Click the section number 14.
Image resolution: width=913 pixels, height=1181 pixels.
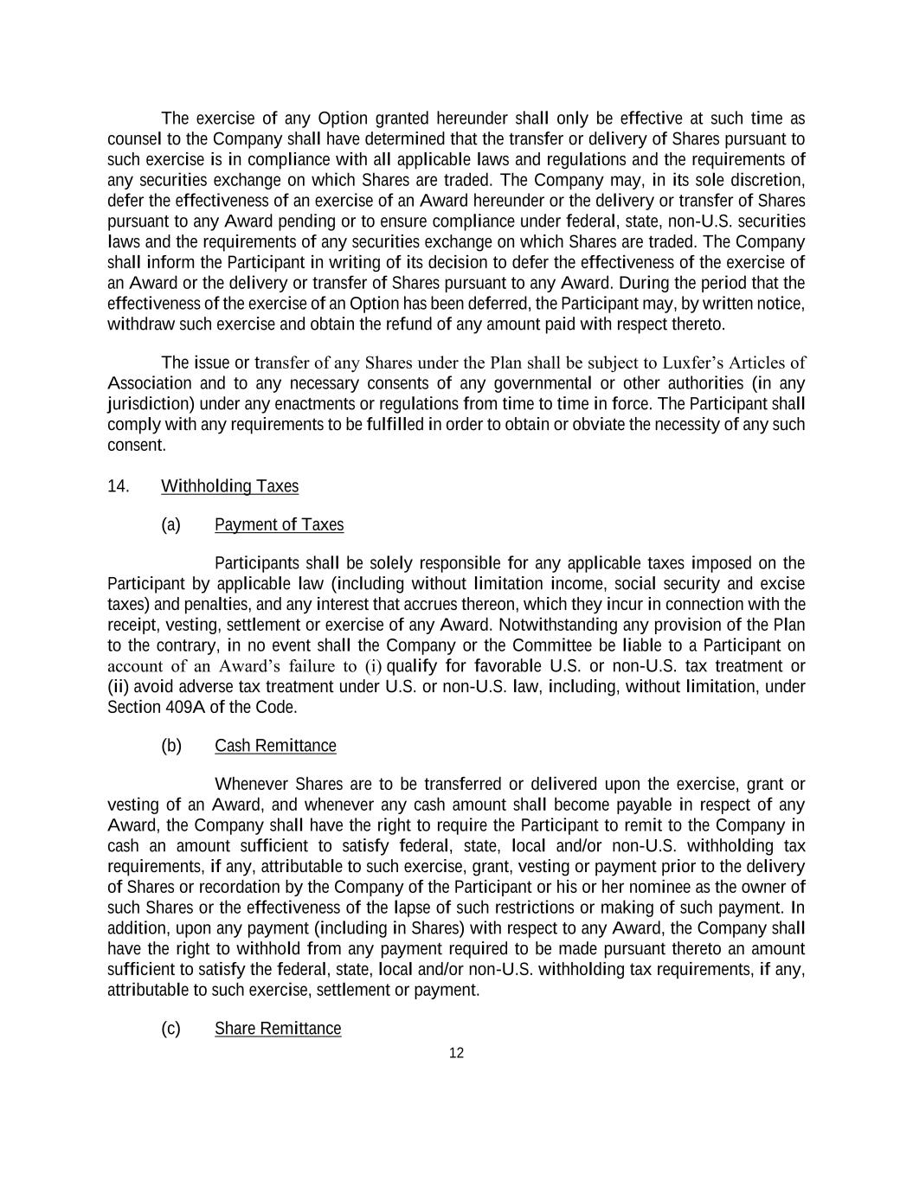click(118, 486)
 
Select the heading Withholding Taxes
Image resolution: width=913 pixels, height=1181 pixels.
click(229, 486)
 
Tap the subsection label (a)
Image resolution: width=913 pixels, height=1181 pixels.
click(170, 525)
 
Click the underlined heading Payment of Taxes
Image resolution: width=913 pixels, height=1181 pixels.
click(279, 525)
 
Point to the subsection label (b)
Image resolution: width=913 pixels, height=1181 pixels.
click(171, 746)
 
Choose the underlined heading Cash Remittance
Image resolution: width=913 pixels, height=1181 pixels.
click(275, 746)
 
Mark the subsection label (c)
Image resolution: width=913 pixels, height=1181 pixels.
click(170, 1029)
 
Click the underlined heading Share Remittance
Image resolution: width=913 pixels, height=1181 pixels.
click(278, 1029)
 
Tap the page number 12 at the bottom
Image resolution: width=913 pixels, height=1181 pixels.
click(456, 1053)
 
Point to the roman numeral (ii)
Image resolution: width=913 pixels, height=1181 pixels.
click(118, 687)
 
